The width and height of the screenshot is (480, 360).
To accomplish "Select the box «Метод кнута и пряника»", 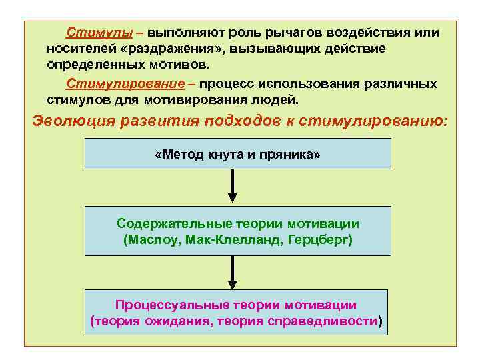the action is tap(237, 155).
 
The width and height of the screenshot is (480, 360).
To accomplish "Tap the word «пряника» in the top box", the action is tap(291, 155).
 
